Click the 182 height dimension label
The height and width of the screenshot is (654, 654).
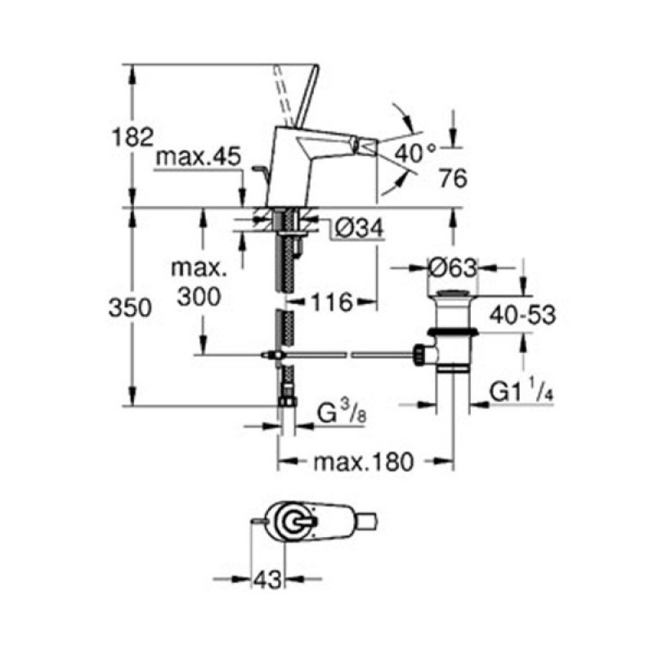click(x=133, y=137)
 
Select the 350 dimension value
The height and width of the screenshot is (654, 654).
click(x=130, y=309)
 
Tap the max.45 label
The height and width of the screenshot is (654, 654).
click(x=198, y=157)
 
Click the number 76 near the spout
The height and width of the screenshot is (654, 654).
click(x=453, y=178)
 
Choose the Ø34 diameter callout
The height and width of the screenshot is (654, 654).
click(x=359, y=229)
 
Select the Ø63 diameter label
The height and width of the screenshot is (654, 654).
click(x=453, y=268)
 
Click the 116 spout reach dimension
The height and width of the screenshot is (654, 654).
click(x=332, y=302)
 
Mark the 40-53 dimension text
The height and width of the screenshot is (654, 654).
click(x=522, y=315)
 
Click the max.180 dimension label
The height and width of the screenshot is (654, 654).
click(x=364, y=462)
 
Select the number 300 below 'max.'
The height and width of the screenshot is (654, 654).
click(x=199, y=297)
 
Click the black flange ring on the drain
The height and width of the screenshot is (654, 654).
click(x=453, y=332)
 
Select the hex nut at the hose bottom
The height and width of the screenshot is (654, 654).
click(x=287, y=401)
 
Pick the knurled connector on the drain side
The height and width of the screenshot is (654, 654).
click(x=419, y=355)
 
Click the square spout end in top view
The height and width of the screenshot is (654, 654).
click(x=366, y=522)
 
